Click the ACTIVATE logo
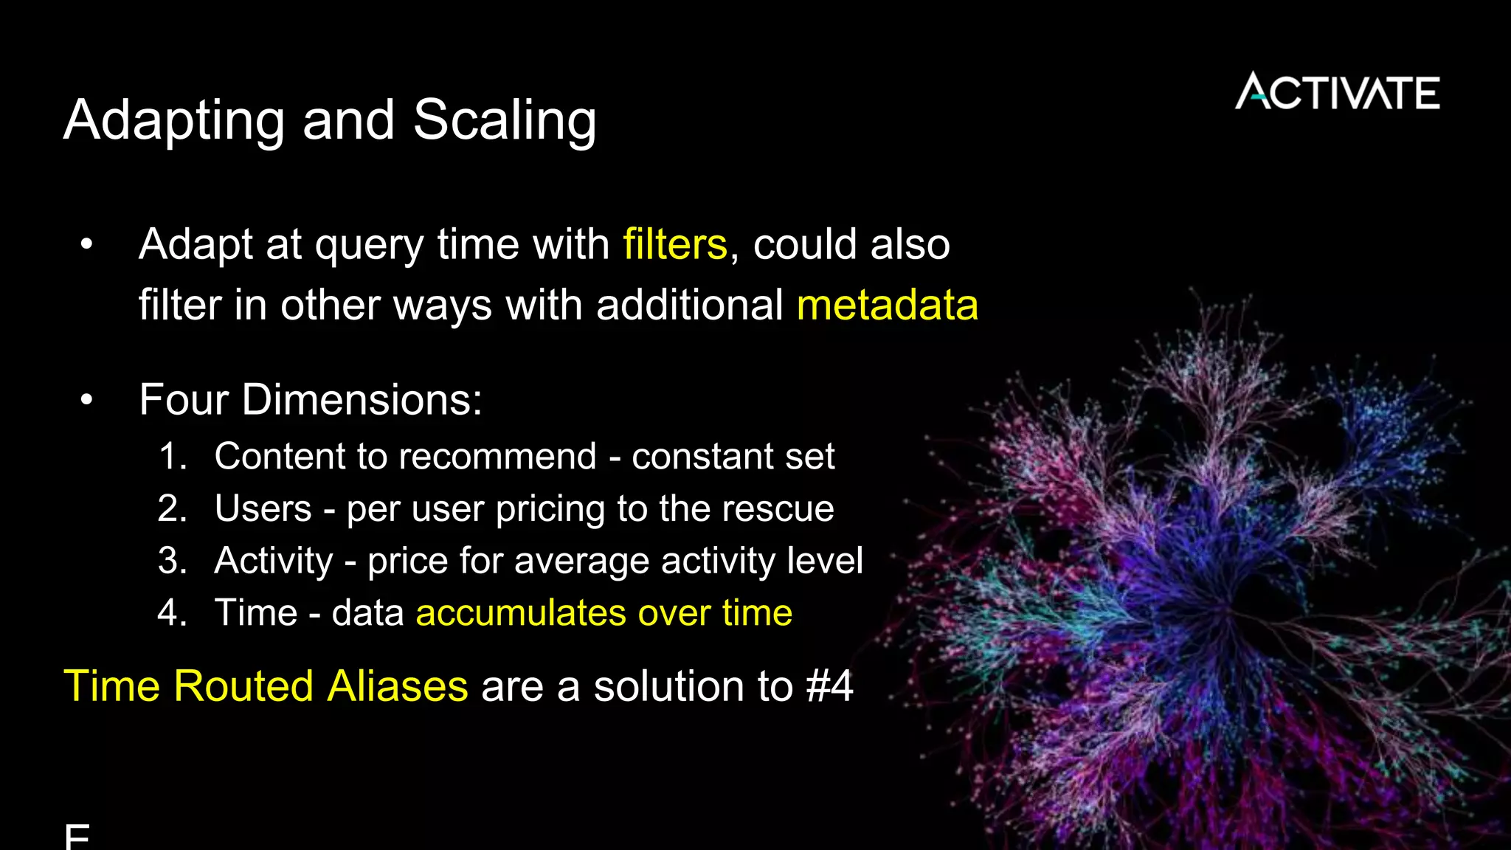1337,92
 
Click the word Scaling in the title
505,120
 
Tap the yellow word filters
675,244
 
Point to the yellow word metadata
888,305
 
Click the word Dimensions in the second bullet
362,400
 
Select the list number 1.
173,457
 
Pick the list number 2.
173,509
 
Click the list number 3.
173,561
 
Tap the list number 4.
173,613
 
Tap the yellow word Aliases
397,686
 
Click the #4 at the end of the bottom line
829,686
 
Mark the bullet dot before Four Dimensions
87,400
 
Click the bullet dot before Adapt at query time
87,244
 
